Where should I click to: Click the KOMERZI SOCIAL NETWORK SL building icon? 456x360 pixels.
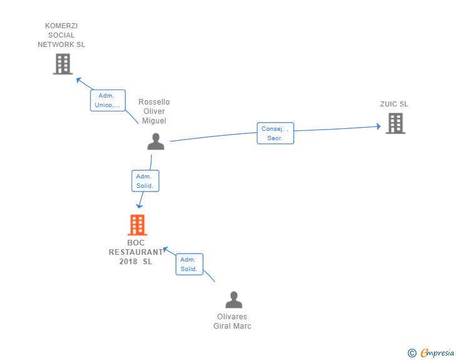[63, 64]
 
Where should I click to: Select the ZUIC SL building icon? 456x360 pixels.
[395, 123]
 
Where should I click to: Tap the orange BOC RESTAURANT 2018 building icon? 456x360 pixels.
[137, 225]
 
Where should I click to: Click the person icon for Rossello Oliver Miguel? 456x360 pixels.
[155, 142]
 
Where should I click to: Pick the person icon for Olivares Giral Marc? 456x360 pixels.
[234, 300]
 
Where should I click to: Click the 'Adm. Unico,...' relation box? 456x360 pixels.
[108, 100]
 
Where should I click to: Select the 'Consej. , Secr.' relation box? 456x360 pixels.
[275, 133]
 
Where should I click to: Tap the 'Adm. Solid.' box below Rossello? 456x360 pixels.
[145, 181]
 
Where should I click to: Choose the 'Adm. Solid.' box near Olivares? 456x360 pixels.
[189, 264]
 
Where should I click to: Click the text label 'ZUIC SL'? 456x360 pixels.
[394, 104]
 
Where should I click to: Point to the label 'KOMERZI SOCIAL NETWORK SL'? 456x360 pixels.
[61, 35]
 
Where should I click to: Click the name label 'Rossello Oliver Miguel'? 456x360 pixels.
[154, 111]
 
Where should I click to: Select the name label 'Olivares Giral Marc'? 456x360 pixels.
[232, 321]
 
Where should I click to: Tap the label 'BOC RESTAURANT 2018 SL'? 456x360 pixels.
[136, 252]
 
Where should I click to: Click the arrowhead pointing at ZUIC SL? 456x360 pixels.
[378, 126]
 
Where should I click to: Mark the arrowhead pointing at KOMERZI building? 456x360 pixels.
[78, 80]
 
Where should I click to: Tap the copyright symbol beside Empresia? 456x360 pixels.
[412, 353]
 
